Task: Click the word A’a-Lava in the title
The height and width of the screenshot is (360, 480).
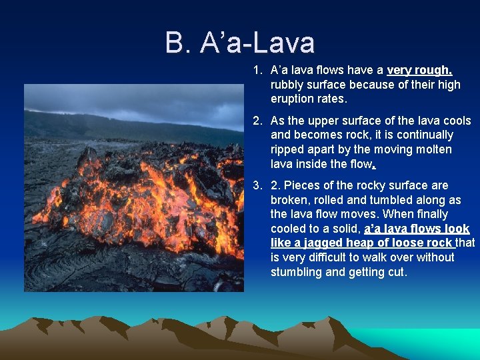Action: click(257, 43)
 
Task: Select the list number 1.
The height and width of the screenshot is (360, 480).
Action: click(256, 71)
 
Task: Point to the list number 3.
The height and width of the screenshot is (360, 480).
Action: click(256, 185)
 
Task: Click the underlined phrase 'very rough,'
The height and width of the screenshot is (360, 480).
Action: click(419, 71)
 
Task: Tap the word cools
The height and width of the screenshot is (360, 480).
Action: click(455, 121)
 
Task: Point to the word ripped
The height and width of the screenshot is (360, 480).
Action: click(287, 149)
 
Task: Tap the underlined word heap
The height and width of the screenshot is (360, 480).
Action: click(361, 243)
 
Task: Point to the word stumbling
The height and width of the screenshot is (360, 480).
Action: click(297, 272)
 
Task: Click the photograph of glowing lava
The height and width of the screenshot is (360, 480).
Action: click(133, 188)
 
